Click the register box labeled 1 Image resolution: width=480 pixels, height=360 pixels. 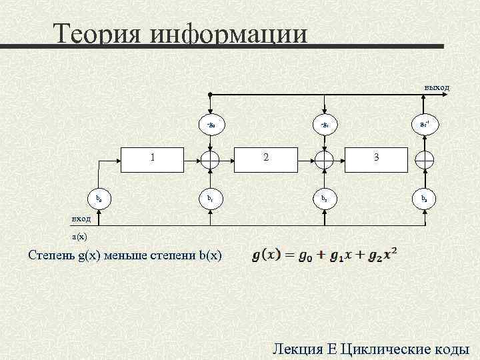pyautogui.click(x=153, y=159)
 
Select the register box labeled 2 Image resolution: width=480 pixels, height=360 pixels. pyautogui.click(x=267, y=159)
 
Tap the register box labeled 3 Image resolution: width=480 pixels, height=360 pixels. pyautogui.click(x=375, y=159)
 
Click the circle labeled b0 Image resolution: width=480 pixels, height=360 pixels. pyautogui.click(x=99, y=198)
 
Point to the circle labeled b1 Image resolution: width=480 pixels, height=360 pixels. pyautogui.click(x=209, y=198)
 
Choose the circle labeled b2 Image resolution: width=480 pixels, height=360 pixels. pyautogui.click(x=324, y=198)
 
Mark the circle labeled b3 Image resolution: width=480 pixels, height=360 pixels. pyautogui.click(x=424, y=198)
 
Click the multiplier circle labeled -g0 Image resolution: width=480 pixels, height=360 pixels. pyautogui.click(x=209, y=124)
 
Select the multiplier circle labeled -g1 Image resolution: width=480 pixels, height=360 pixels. pyautogui.click(x=324, y=124)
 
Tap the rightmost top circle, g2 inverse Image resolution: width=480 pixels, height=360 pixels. pyautogui.click(x=424, y=124)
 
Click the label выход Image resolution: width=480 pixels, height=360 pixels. pyautogui.click(x=437, y=87)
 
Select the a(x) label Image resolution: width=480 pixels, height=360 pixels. pyautogui.click(x=79, y=236)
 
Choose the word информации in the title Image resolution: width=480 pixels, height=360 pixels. pyautogui.click(x=229, y=35)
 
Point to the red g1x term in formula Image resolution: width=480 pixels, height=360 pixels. pyautogui.click(x=347, y=256)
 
